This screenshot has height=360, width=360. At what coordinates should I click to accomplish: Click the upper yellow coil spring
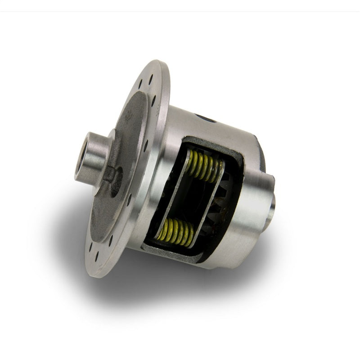click(205, 165)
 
